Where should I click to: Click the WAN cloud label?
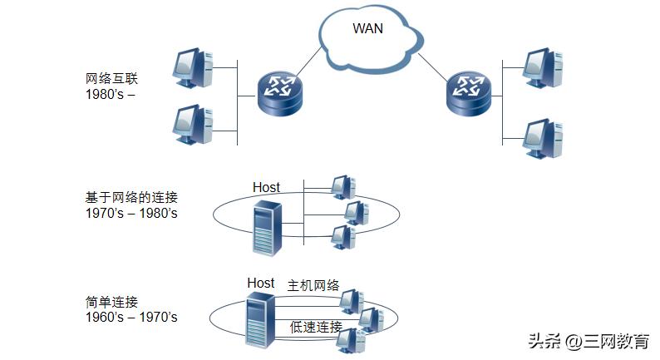point(369,28)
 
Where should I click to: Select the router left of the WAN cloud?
point(279,91)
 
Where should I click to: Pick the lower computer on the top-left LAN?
point(193,125)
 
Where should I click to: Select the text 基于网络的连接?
point(131,198)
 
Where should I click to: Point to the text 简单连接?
point(111,302)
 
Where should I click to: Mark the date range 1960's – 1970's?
point(131,317)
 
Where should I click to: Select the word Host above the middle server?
point(266,187)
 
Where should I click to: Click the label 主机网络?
point(313,285)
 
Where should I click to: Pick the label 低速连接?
point(316,326)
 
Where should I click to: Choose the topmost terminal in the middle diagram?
point(341,186)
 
